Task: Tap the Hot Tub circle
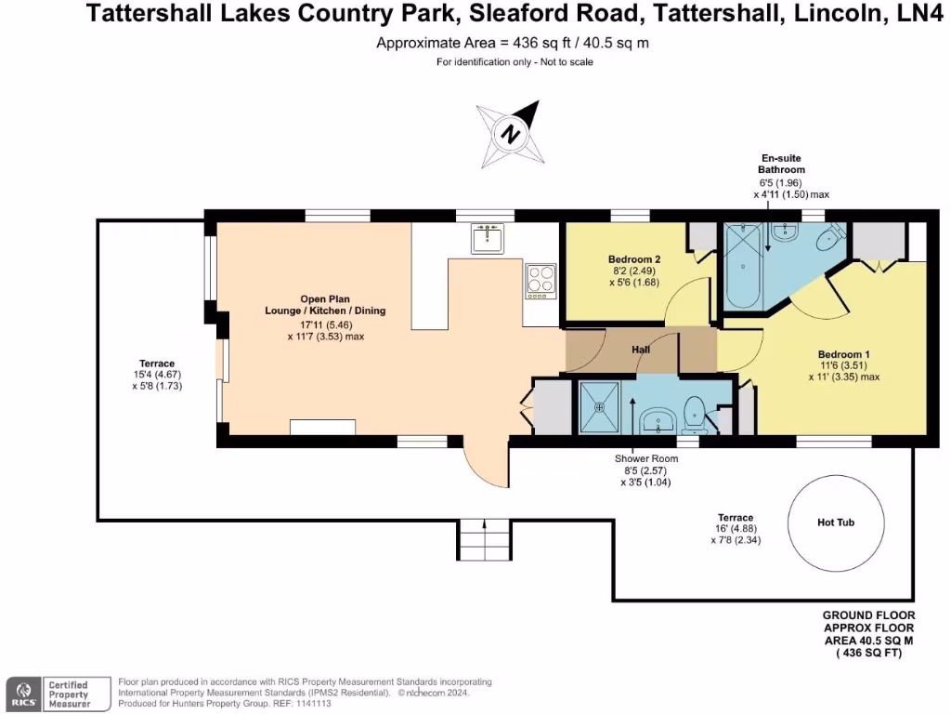835,522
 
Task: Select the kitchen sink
487,239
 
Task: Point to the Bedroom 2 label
634,259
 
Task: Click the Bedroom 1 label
843,354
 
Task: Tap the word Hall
641,350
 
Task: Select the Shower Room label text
645,459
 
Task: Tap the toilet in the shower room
694,413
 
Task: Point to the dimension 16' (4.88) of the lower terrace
736,528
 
